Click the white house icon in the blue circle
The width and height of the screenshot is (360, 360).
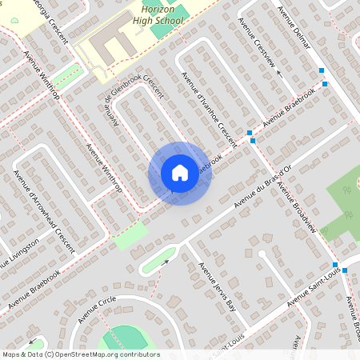tap(179, 173)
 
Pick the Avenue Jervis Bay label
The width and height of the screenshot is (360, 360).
tap(218, 286)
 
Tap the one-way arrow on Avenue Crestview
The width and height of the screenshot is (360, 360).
tap(279, 73)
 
